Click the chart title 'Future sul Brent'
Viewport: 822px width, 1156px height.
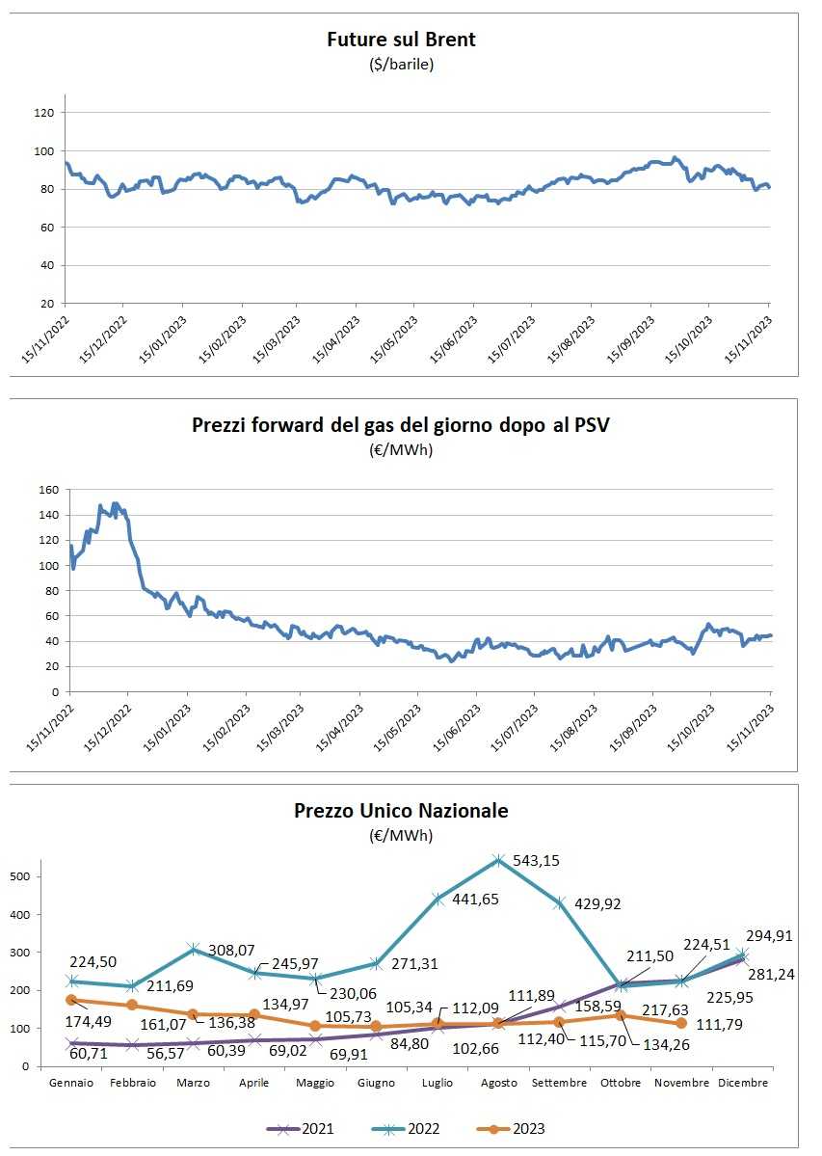[401, 40]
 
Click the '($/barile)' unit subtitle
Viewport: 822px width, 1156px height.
[401, 65]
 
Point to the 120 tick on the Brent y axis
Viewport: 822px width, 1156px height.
[45, 113]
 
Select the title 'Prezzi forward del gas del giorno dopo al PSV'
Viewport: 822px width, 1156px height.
[401, 425]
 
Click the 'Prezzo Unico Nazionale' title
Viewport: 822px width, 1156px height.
[401, 811]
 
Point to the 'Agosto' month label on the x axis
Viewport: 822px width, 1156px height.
[497, 1083]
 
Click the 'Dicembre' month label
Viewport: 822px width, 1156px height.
[743, 1083]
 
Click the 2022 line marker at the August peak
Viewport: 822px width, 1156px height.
[498, 860]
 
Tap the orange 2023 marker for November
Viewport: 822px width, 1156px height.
[682, 1023]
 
